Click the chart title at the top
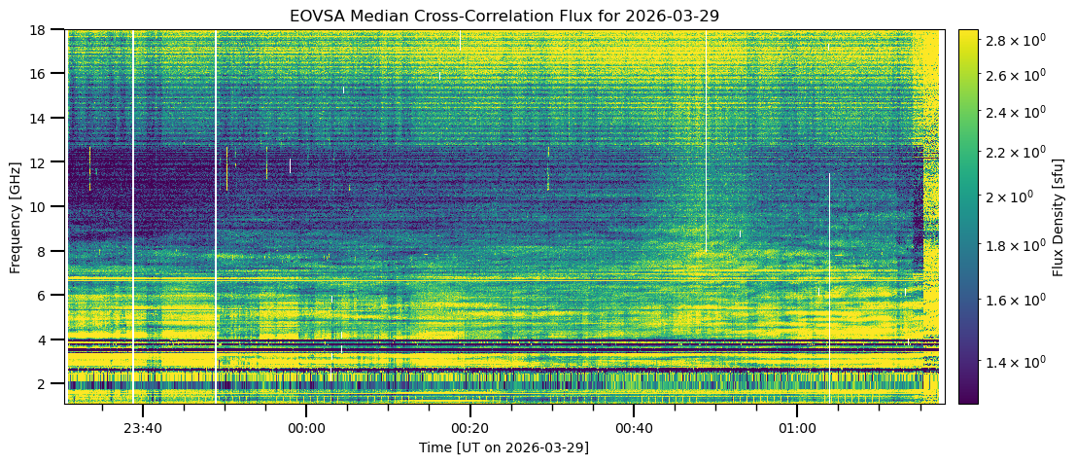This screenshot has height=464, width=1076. click(503, 17)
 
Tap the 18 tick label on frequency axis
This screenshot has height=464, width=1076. click(45, 29)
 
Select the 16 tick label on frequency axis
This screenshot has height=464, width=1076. click(45, 74)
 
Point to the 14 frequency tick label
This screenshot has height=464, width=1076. click(45, 118)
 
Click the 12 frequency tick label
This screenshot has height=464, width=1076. click(45, 162)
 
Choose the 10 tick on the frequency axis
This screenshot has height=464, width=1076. click(45, 206)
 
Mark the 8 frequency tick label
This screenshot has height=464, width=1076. click(49, 251)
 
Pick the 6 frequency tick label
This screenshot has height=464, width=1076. click(49, 295)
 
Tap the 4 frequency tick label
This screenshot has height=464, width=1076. click(49, 339)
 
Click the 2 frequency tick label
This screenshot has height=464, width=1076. click(49, 384)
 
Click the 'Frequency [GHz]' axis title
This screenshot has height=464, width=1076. click(16, 216)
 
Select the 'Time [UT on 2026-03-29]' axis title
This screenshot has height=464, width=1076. click(503, 447)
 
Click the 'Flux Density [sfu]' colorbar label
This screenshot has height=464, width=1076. click(1059, 216)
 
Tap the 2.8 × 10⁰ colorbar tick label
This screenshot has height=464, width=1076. click(1017, 40)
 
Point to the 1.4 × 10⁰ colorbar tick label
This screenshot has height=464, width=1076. click(1017, 362)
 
